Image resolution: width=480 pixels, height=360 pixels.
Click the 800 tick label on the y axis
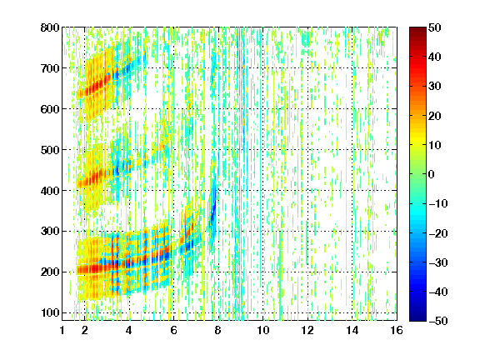point(50,27)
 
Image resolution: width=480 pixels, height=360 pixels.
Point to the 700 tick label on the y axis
point(50,68)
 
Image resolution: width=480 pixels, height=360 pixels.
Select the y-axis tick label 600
point(50,109)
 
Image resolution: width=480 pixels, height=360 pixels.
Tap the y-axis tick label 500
point(50,150)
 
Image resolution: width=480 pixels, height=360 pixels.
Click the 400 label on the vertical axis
point(50,191)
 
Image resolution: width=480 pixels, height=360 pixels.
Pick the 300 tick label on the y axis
point(50,232)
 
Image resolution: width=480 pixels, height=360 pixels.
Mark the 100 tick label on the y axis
point(50,313)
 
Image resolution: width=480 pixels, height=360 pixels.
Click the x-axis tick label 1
point(62,331)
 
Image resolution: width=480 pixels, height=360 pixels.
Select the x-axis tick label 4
point(129,331)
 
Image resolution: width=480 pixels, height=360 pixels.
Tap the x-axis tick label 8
point(217,331)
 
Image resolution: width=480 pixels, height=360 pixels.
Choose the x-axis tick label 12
point(307,331)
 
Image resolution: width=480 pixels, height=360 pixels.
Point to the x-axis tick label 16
point(397,331)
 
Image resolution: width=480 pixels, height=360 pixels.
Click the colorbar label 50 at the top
point(435,27)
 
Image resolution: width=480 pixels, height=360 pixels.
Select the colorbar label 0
point(432,174)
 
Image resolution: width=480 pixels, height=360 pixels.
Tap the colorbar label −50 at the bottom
point(438,321)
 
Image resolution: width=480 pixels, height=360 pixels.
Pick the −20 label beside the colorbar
point(438,233)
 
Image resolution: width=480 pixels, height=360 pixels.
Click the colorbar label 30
point(435,87)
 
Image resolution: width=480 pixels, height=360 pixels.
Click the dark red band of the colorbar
point(417,34)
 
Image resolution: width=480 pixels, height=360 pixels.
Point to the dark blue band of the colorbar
point(417,314)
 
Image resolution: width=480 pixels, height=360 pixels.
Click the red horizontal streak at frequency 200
point(92,269)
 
